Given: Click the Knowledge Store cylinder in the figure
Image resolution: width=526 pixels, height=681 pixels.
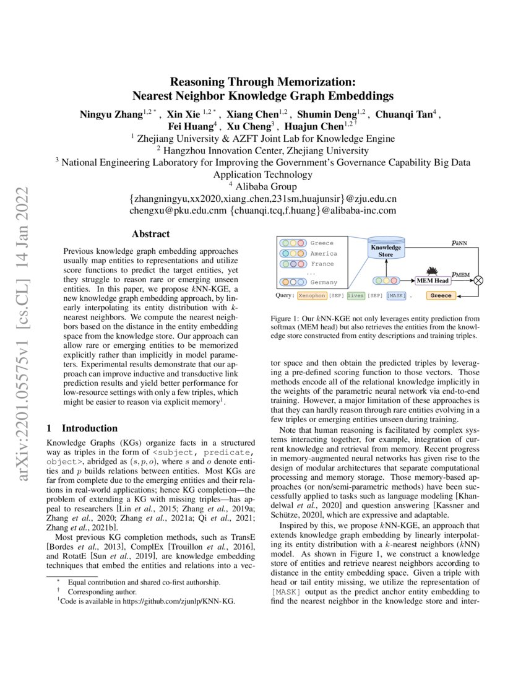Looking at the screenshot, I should [386, 250].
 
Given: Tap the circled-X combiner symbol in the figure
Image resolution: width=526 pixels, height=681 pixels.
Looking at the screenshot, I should [478, 280].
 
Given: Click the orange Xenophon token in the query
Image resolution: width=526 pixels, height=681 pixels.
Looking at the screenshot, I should [311, 296].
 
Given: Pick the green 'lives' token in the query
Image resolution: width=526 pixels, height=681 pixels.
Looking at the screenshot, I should [356, 296].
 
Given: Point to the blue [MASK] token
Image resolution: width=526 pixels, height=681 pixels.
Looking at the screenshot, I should [397, 296].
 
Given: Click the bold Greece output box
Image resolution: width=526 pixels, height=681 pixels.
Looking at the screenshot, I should [441, 296].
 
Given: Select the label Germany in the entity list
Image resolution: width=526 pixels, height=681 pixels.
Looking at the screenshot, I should [324, 282].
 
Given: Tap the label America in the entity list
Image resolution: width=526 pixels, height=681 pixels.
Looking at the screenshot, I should [324, 253].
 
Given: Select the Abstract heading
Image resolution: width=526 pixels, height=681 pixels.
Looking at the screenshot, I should [150, 234].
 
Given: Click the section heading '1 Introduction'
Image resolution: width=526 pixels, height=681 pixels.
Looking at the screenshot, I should [82, 428].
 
